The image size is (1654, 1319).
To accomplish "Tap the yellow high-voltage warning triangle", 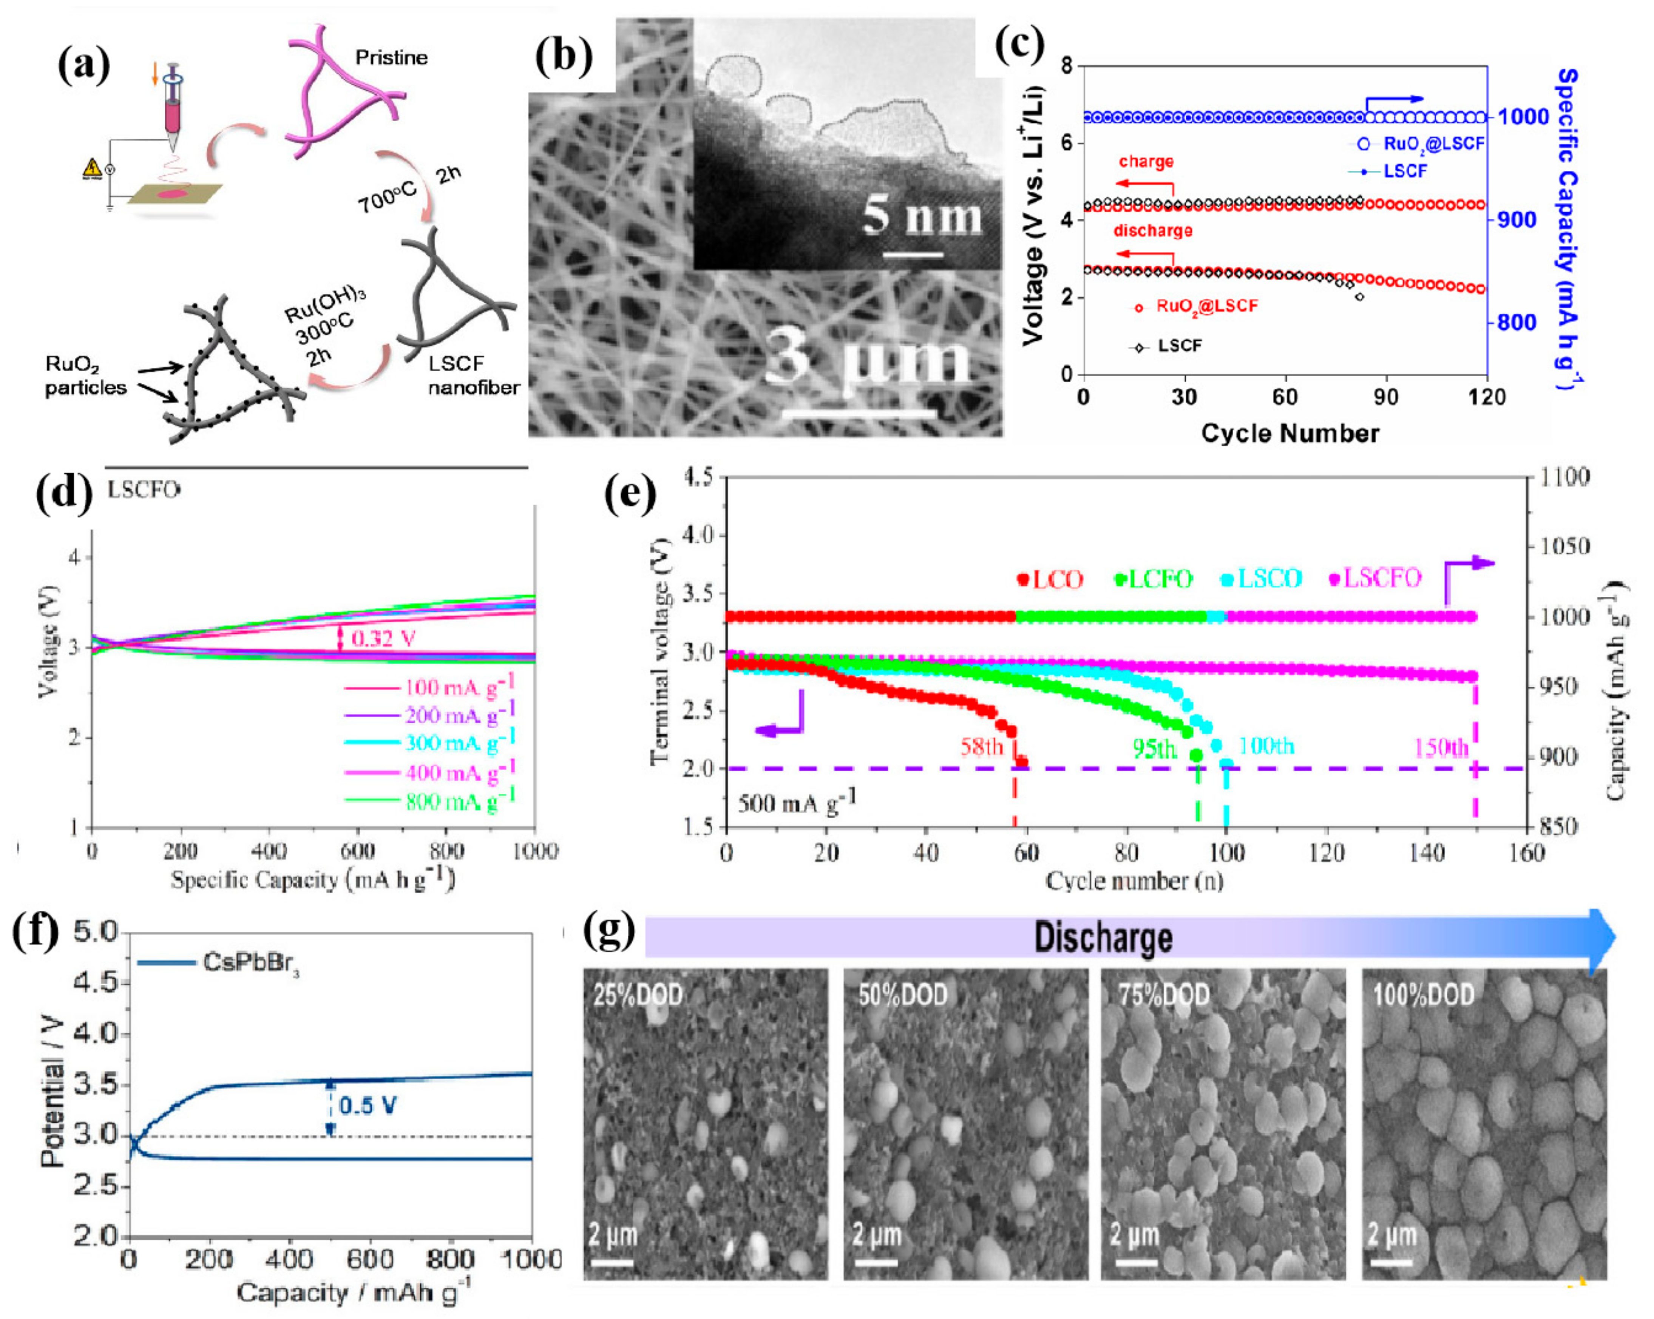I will tap(91, 168).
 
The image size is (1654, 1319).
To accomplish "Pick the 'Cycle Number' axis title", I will tap(1290, 434).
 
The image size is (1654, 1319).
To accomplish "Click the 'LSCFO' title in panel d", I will tap(144, 490).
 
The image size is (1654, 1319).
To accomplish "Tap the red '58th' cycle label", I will tap(981, 747).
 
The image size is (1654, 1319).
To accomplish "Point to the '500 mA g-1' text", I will tap(796, 803).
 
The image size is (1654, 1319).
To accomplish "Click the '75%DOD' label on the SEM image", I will tap(1163, 995).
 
